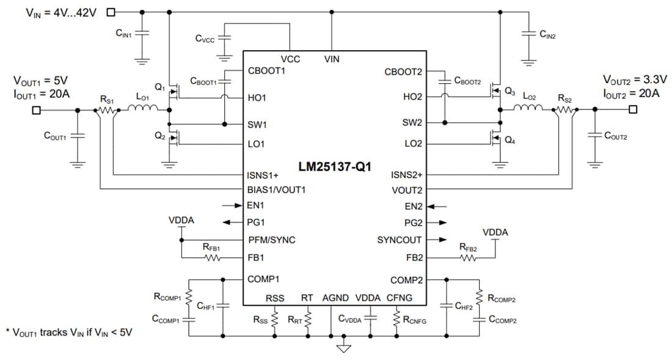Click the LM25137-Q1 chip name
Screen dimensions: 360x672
(334, 166)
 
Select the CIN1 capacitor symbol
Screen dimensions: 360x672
(142, 34)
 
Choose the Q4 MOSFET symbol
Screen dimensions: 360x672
(496, 138)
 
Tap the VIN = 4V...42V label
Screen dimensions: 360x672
(63, 12)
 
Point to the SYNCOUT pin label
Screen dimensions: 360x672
(400, 240)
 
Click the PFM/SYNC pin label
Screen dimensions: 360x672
(271, 240)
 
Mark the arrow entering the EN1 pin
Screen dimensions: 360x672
(233, 206)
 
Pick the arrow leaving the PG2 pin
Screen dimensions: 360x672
(438, 223)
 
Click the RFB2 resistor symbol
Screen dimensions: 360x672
(469, 258)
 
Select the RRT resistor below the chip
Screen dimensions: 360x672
(307, 319)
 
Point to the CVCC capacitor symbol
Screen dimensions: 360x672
(224, 38)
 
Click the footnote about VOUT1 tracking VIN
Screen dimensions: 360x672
(69, 333)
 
